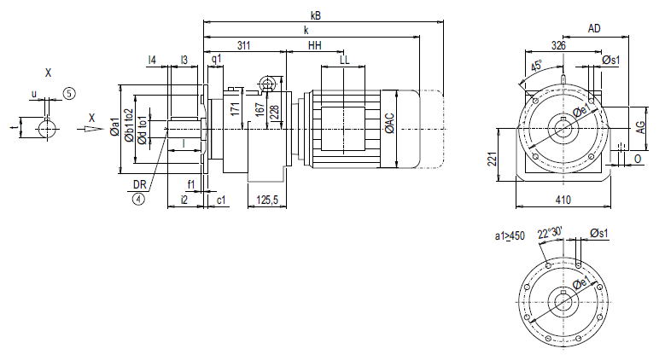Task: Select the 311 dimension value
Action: pyautogui.click(x=244, y=45)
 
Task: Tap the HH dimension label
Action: pyautogui.click(x=315, y=45)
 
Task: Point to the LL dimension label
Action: pyautogui.click(x=344, y=61)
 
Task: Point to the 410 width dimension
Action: pyautogui.click(x=563, y=200)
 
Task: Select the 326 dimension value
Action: pyautogui.click(x=558, y=45)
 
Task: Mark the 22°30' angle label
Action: pyautogui.click(x=551, y=232)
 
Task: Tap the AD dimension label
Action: pyautogui.click(x=593, y=29)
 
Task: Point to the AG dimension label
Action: pyautogui.click(x=639, y=125)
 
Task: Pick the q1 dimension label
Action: pyautogui.click(x=216, y=61)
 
